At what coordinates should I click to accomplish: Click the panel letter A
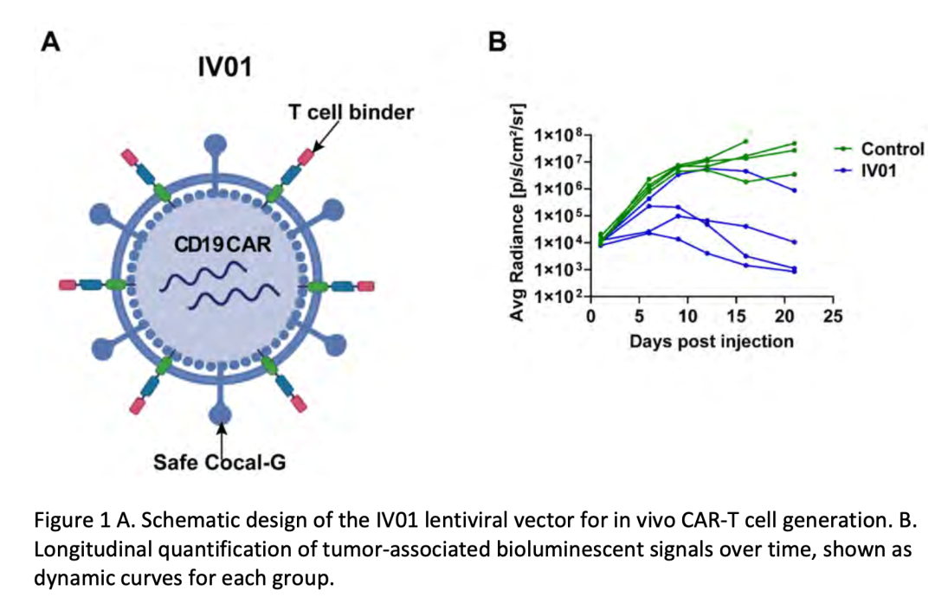click(x=51, y=42)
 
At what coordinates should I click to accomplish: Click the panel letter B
click(x=497, y=42)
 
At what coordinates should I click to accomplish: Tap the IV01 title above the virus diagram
click(x=225, y=67)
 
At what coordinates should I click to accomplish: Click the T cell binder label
click(x=351, y=112)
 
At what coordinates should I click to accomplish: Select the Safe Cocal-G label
click(x=219, y=462)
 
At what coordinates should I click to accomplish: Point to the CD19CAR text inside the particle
click(x=222, y=244)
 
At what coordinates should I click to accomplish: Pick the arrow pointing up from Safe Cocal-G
click(x=222, y=440)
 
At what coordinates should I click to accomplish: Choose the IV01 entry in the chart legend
click(x=865, y=171)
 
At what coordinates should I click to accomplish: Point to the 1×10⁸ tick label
click(x=558, y=135)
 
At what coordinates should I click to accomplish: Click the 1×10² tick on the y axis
click(x=558, y=296)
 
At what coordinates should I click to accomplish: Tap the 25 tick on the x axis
click(x=833, y=317)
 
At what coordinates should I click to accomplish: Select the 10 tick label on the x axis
click(x=687, y=317)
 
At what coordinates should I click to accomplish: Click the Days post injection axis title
click(x=712, y=341)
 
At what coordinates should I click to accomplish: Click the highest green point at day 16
click(x=746, y=141)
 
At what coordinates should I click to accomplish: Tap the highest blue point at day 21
click(x=794, y=190)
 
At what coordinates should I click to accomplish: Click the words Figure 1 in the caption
click(x=73, y=521)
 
